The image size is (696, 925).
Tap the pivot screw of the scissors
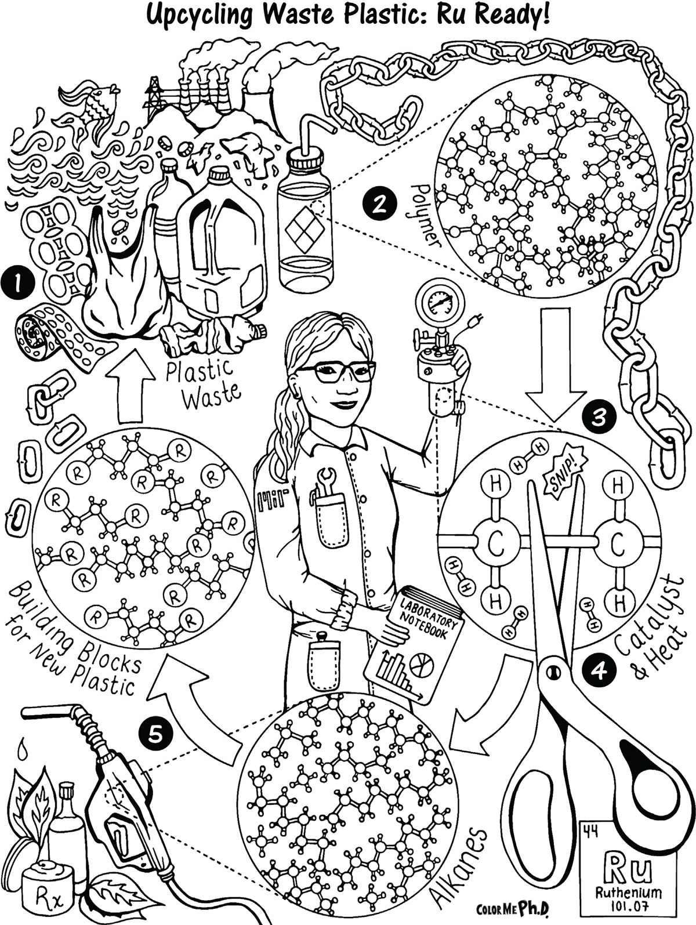coord(553,670)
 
